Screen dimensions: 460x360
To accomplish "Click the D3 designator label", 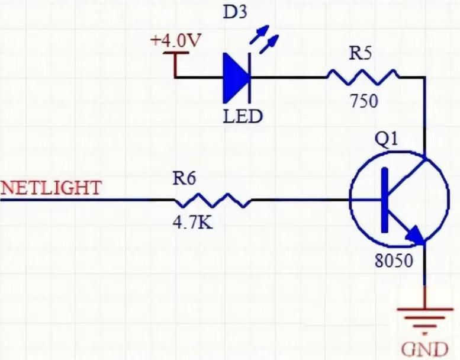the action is point(234,13).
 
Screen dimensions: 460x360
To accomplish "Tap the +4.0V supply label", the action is point(176,40).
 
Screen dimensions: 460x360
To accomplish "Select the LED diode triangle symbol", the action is point(235,78).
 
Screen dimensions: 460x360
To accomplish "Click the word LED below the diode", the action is point(242,117).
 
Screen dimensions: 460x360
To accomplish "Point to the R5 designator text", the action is point(361,54).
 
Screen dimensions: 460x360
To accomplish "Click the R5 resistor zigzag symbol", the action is point(362,77).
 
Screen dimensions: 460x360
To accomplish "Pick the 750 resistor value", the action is point(364,101).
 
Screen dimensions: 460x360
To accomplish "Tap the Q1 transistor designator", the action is point(387,139).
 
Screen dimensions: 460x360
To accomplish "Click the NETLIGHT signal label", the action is point(51,188).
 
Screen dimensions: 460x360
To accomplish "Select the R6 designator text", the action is point(184,178).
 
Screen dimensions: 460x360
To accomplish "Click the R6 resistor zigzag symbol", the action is point(213,200).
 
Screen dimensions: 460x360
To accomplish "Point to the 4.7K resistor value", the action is point(192,223).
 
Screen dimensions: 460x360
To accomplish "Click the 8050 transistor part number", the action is point(394,261).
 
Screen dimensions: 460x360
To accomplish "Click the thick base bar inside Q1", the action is point(385,200).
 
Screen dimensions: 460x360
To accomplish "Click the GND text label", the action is point(424,349).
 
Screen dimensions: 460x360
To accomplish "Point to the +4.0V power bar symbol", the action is point(176,53).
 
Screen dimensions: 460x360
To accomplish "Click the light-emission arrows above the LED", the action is point(264,40).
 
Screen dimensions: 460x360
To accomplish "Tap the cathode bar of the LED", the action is point(250,78).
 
